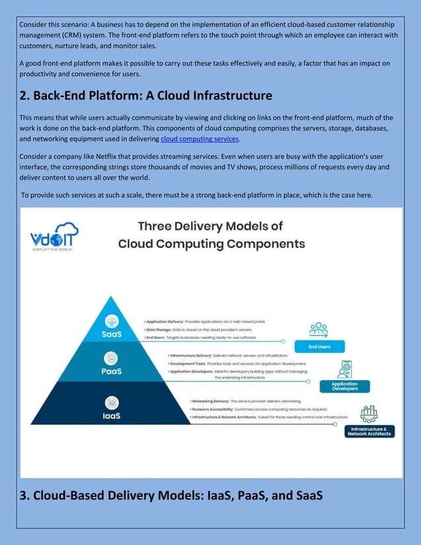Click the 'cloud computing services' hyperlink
[x=199, y=139]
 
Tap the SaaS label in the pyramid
[x=111, y=334]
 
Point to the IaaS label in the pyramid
[x=110, y=416]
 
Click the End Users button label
[x=319, y=346]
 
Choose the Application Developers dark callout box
[x=344, y=386]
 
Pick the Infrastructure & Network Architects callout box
[x=370, y=432]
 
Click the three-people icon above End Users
[x=319, y=329]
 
